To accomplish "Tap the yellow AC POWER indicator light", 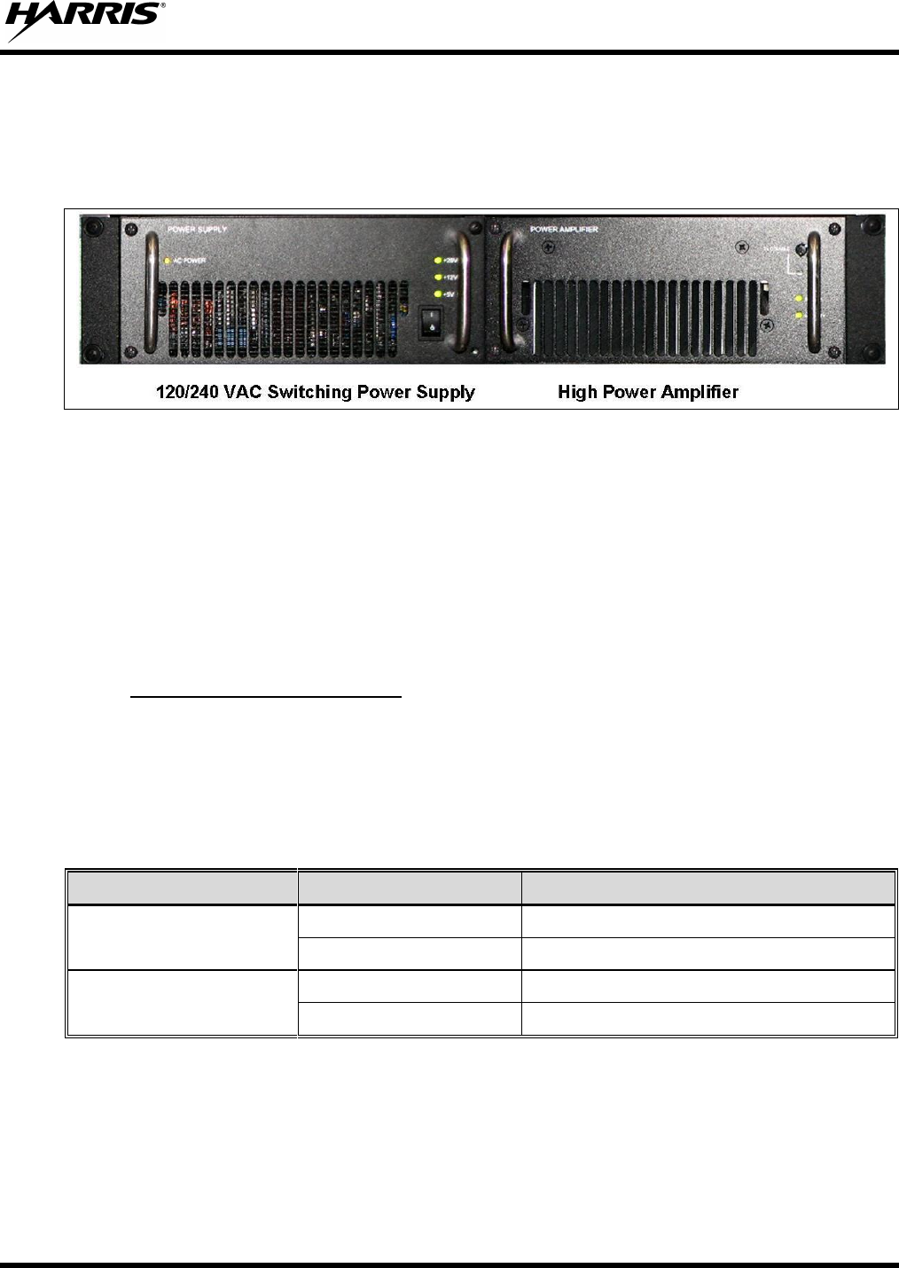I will pyautogui.click(x=168, y=261).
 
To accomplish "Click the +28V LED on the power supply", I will pyautogui.click(x=437, y=261).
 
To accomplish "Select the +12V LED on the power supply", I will pyautogui.click(x=437, y=277).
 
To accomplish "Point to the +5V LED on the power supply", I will pyautogui.click(x=437, y=293).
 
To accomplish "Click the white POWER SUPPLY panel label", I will pyautogui.click(x=197, y=230).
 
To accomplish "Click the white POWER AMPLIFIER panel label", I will pyautogui.click(x=564, y=230).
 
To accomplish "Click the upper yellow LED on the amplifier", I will pyautogui.click(x=799, y=298).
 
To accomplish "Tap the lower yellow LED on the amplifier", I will pyautogui.click(x=799, y=315).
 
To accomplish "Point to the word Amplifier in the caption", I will pyautogui.click(x=698, y=392).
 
